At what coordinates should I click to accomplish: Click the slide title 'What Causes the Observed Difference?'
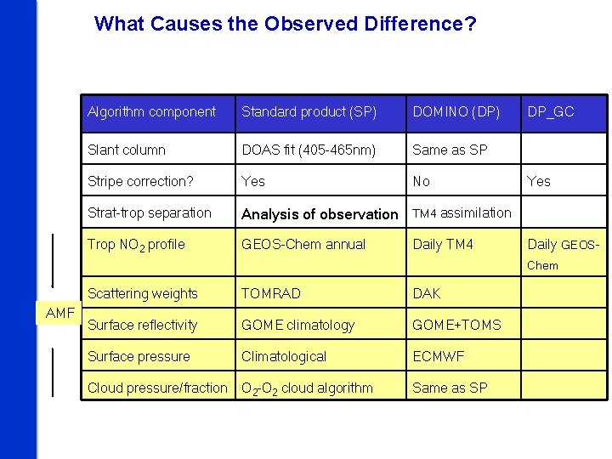tap(285, 24)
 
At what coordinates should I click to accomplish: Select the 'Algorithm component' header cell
tap(152, 112)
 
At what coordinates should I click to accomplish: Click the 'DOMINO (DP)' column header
tap(456, 112)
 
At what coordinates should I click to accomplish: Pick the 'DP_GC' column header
tap(551, 112)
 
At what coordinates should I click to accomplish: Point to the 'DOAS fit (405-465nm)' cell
tap(309, 150)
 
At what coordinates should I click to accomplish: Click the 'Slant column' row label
tap(127, 150)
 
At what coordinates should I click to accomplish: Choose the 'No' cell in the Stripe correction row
tap(422, 181)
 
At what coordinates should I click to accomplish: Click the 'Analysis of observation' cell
tap(320, 214)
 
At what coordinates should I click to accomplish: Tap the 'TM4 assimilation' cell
tap(462, 212)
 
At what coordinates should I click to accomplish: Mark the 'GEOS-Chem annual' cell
tap(303, 245)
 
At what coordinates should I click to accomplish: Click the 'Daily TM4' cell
tap(443, 245)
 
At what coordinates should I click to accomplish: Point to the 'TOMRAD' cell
tap(271, 294)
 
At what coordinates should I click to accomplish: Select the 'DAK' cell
tap(427, 294)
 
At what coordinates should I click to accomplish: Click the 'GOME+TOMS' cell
tap(456, 326)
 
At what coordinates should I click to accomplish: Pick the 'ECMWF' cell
tap(439, 357)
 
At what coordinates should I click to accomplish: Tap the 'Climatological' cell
tap(284, 357)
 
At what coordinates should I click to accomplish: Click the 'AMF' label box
tap(59, 313)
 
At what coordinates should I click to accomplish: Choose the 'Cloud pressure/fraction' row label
tap(158, 388)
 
